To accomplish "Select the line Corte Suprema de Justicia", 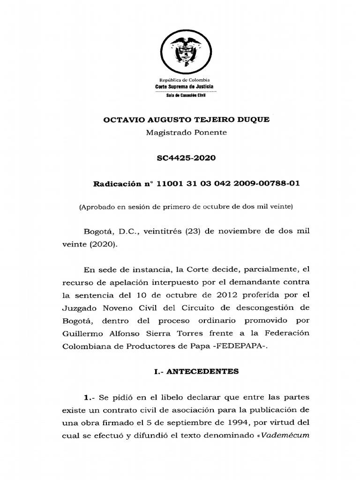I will click(184, 87).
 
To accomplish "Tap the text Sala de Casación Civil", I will click(184, 96).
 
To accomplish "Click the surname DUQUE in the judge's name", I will click(253, 120).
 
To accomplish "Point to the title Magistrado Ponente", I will click(186, 133).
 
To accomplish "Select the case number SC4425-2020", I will click(186, 158).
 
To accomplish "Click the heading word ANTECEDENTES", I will click(211, 371).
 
